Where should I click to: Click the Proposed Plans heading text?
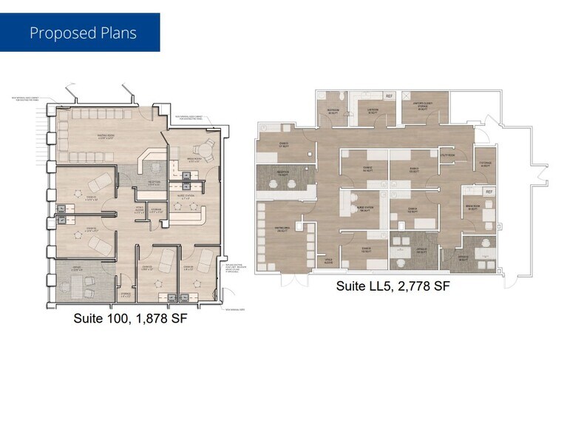click(83, 33)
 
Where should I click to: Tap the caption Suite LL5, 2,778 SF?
click(393, 286)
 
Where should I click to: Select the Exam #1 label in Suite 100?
click(92, 198)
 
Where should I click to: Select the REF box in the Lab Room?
click(389, 96)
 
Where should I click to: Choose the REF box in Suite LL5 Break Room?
click(489, 192)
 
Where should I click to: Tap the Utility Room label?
click(447, 155)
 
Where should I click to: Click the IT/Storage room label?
click(485, 163)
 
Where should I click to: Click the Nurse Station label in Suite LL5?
click(364, 209)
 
